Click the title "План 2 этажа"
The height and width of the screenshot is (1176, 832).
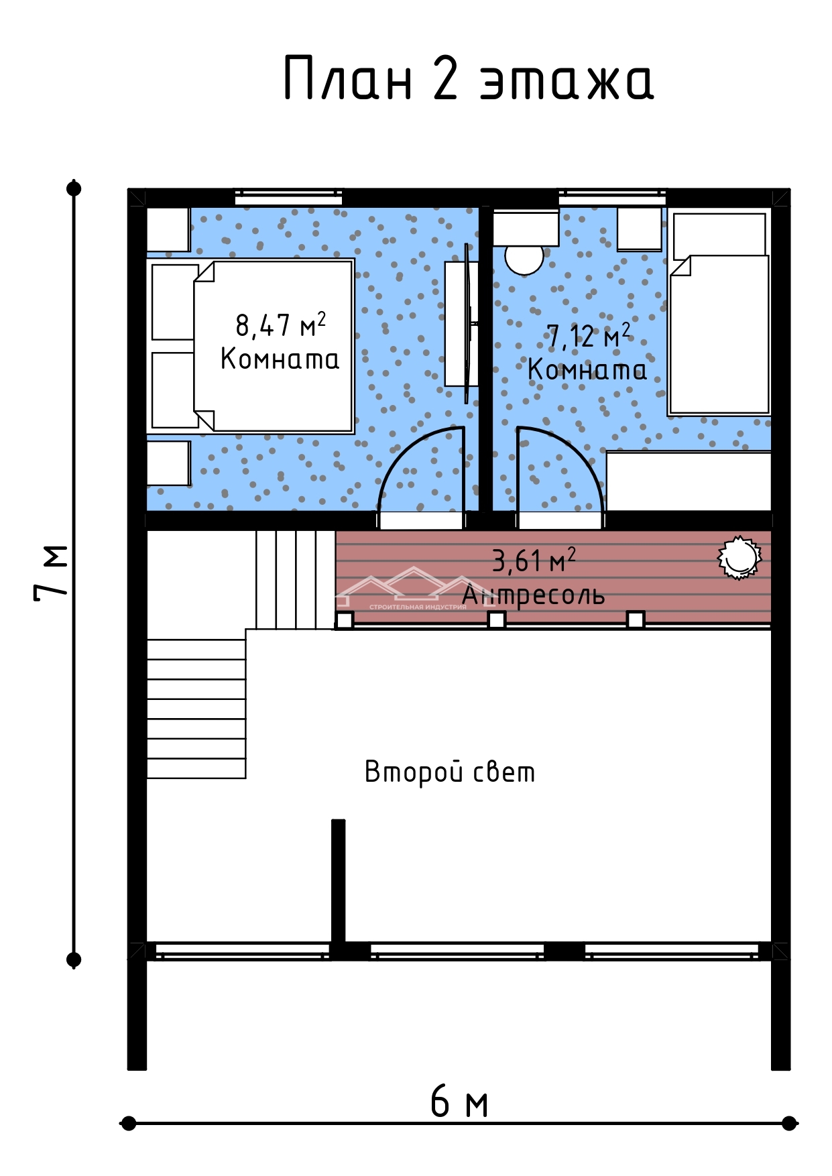(469, 78)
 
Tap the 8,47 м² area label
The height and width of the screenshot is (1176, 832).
(281, 325)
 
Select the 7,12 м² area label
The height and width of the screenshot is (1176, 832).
(589, 335)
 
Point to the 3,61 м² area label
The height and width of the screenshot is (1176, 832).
(534, 561)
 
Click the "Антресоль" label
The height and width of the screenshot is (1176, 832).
(534, 595)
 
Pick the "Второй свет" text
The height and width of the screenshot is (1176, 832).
(450, 772)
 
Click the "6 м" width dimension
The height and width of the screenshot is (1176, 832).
(459, 1102)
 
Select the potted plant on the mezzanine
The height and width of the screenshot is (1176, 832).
(739, 556)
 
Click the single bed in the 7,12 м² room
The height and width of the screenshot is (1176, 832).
(719, 312)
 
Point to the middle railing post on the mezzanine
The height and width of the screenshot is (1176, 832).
(497, 620)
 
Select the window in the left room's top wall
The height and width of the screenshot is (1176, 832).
(288, 198)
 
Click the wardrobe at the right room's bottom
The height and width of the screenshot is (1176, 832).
(689, 481)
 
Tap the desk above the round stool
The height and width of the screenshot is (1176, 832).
(526, 228)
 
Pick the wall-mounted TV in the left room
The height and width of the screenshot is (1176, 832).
(467, 323)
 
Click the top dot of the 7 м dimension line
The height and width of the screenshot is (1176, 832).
(74, 188)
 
